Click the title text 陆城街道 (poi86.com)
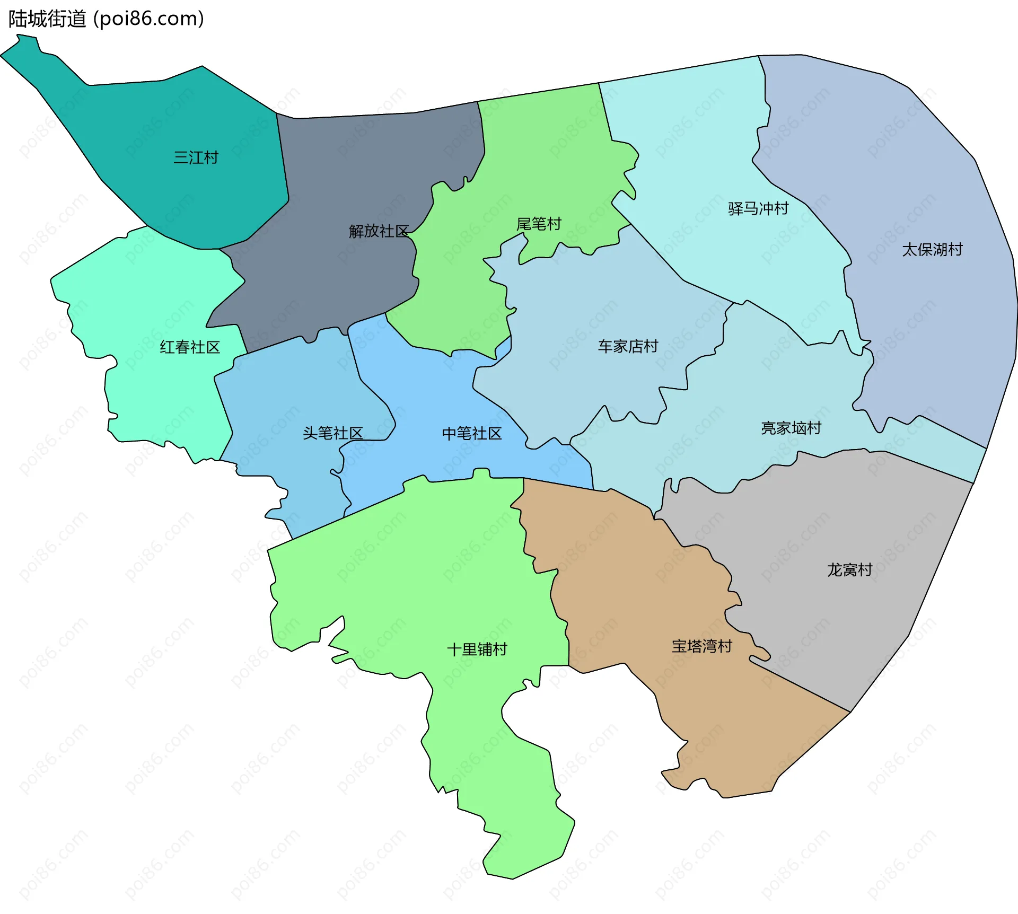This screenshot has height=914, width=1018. pos(106,19)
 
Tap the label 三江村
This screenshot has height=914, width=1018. pos(196,157)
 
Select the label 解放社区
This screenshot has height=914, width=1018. pos(379,231)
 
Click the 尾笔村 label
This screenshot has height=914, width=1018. pos(539,224)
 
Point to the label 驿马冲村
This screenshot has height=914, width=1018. pos(758,208)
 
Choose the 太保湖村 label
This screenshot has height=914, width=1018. pos(932,249)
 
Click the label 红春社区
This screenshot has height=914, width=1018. pos(190,347)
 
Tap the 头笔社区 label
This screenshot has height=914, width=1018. pos(332,433)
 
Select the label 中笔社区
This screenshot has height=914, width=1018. pos(472,434)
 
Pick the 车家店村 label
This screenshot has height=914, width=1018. pos(628,346)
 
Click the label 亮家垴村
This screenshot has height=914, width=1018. pos(791,428)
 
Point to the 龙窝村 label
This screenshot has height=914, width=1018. pos(849,570)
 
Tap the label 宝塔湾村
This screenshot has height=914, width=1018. pos(701,646)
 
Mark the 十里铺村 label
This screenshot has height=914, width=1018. pos(477,649)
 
